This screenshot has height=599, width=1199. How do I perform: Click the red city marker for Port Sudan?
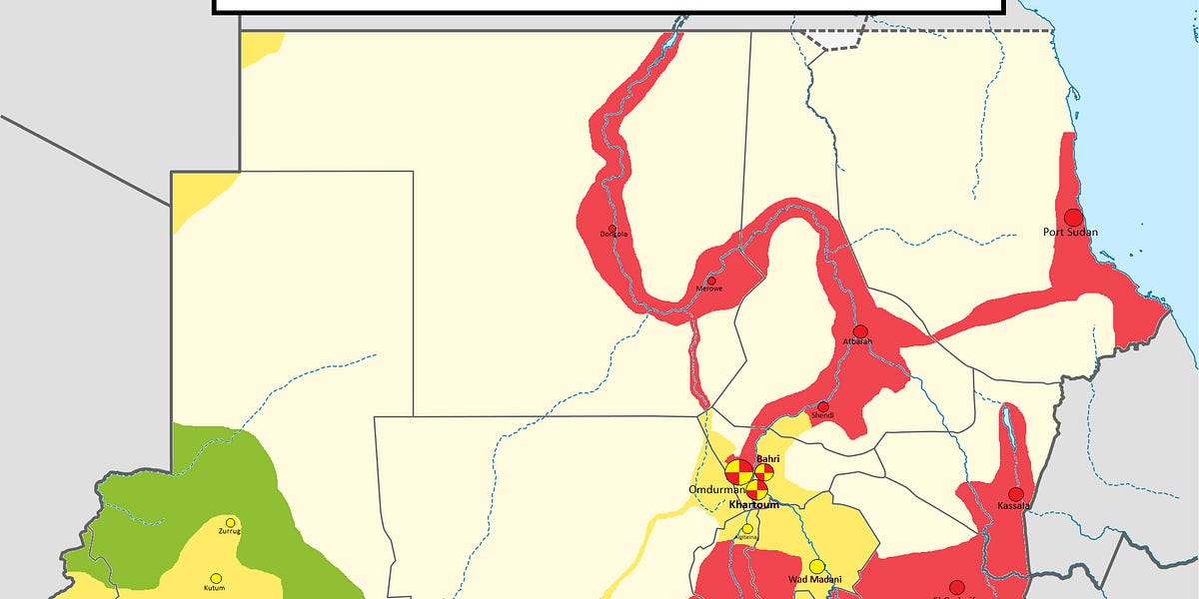[1073, 217]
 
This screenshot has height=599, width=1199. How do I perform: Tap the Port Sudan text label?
[1070, 233]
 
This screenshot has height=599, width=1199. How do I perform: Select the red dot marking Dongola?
[611, 228]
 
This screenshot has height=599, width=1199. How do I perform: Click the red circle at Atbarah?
[860, 331]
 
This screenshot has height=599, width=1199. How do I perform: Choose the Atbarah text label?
[857, 342]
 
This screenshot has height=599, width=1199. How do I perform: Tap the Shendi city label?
[822, 416]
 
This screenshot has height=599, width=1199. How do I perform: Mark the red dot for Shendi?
[823, 406]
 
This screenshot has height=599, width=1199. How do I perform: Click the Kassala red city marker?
[1016, 494]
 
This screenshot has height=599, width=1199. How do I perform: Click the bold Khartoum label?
[753, 505]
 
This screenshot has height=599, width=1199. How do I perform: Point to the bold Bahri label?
[766, 458]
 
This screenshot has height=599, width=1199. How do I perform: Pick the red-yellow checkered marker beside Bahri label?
[764, 471]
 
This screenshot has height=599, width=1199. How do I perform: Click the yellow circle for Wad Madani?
[817, 566]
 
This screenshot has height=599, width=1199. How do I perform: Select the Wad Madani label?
[814, 580]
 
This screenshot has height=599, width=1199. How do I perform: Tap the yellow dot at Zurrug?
[231, 522]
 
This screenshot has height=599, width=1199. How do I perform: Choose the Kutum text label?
[215, 589]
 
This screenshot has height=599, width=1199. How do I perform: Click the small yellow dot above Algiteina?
[747, 528]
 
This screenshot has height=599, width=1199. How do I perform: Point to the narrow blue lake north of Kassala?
[1009, 429]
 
